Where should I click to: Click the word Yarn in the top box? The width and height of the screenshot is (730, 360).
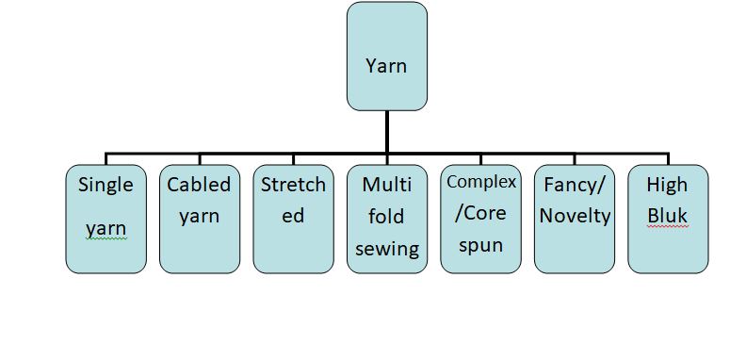(x=386, y=66)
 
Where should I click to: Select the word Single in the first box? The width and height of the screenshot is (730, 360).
(x=105, y=184)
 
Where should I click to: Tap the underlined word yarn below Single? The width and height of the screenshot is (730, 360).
(x=105, y=229)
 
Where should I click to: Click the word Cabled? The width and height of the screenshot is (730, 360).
(x=199, y=184)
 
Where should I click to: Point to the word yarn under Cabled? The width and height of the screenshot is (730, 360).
(x=199, y=216)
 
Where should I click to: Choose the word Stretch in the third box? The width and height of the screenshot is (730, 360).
(x=293, y=184)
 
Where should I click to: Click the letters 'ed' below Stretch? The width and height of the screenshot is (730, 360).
(x=293, y=216)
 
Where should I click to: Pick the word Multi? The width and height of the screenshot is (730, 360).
(x=386, y=184)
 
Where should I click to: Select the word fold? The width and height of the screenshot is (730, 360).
(x=386, y=216)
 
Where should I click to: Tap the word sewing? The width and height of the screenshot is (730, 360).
(x=386, y=248)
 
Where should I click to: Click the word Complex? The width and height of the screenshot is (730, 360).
(x=480, y=182)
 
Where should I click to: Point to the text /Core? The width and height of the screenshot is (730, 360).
(x=480, y=213)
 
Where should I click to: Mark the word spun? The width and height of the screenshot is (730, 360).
(x=480, y=245)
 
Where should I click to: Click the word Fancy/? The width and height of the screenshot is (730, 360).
(x=574, y=184)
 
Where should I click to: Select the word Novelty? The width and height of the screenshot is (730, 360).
(x=574, y=216)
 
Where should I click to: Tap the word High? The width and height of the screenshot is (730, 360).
(x=667, y=184)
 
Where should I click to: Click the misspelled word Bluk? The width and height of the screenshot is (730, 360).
(x=667, y=216)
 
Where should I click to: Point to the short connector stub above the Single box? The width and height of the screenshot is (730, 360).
(x=105, y=158)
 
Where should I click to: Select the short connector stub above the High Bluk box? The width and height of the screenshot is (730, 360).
(x=668, y=158)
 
